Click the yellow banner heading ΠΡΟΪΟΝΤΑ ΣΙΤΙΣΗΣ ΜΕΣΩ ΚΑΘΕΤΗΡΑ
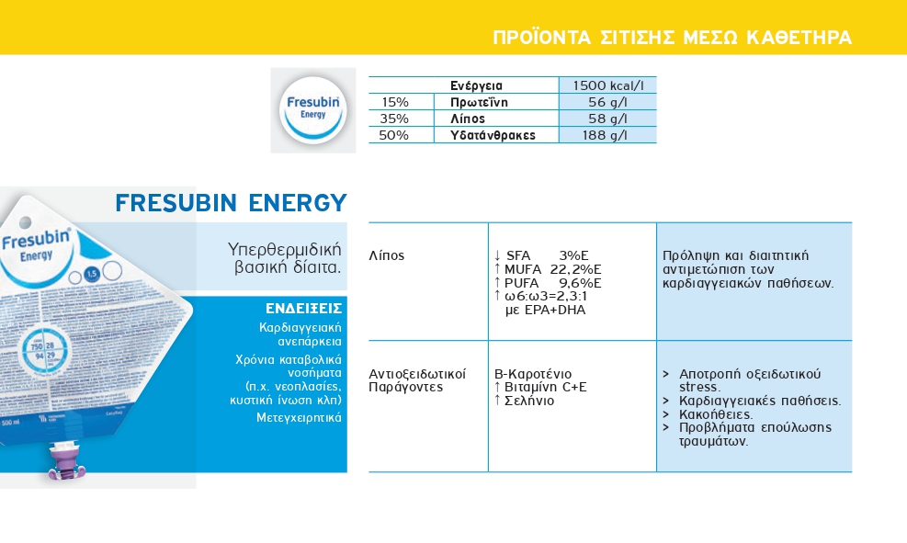[672, 38]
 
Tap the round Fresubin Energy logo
[313, 109]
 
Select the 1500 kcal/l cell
[607, 85]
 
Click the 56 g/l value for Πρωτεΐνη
[607, 102]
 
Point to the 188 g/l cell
[607, 135]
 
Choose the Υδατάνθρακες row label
[492, 135]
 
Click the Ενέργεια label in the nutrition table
[476, 85]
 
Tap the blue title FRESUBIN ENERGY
[231, 202]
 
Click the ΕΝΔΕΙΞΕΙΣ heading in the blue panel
[304, 308]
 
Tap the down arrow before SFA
[497, 255]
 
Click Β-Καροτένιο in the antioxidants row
[533, 374]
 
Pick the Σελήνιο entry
[528, 401]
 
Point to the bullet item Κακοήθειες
[716, 414]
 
